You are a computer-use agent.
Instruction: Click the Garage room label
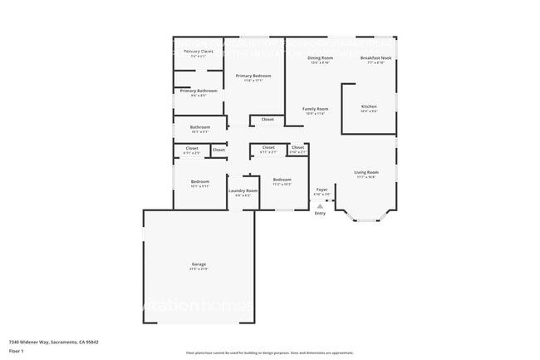pyautogui.click(x=199, y=264)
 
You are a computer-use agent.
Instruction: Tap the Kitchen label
pyautogui.click(x=369, y=106)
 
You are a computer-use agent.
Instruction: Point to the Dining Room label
pyautogui.click(x=320, y=58)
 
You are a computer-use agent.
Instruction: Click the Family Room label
pyautogui.click(x=315, y=109)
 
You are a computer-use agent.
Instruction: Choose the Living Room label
pyautogui.click(x=366, y=172)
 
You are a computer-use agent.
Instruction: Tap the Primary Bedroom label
pyautogui.click(x=253, y=76)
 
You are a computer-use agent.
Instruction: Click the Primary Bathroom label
pyautogui.click(x=199, y=91)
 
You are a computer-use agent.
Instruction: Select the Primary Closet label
pyautogui.click(x=199, y=52)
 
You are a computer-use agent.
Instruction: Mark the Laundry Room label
pyautogui.click(x=243, y=190)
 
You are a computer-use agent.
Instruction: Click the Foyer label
pyautogui.click(x=322, y=190)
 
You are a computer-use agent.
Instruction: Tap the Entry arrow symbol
pyautogui.click(x=320, y=206)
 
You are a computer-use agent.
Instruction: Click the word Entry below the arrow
pyautogui.click(x=320, y=214)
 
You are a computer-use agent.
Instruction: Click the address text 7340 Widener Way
pyautogui.click(x=49, y=342)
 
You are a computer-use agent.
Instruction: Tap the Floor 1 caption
pyautogui.click(x=17, y=351)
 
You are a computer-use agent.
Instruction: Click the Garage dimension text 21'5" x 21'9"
pyautogui.click(x=199, y=269)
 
